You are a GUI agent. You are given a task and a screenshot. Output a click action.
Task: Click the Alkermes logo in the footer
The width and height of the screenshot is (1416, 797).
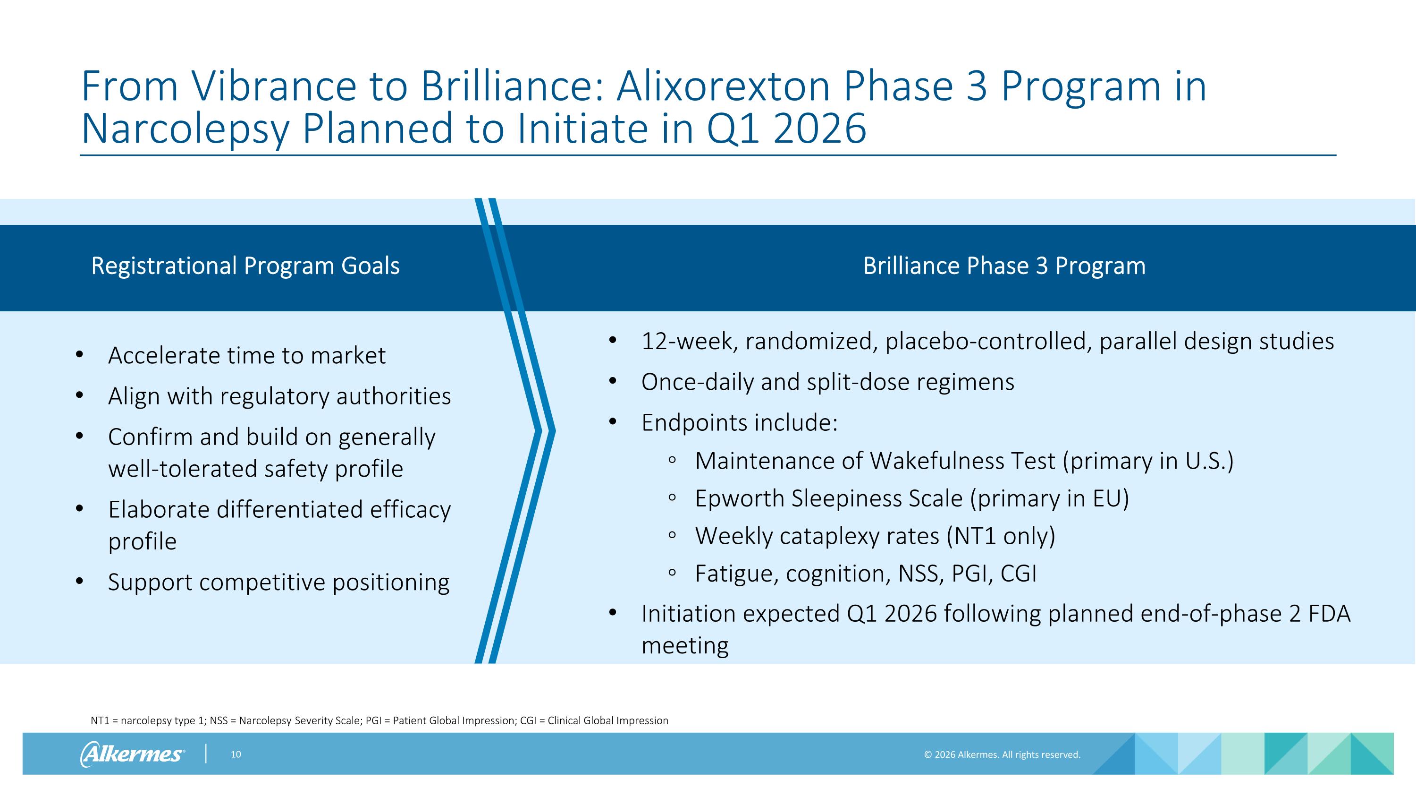tap(132, 754)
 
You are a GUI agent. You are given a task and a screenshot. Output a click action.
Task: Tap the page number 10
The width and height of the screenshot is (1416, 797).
tap(236, 754)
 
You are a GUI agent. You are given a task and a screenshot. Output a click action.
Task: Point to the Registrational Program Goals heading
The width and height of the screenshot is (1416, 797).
tap(245, 266)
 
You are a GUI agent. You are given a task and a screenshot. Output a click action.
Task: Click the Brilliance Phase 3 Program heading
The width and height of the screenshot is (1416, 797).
tap(1004, 266)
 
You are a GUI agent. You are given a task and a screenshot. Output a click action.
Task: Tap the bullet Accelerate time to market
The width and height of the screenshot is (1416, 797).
tap(246, 356)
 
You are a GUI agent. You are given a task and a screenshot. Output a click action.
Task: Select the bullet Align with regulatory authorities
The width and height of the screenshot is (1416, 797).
tap(279, 396)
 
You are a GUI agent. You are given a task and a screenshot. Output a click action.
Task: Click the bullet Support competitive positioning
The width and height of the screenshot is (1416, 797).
tap(278, 583)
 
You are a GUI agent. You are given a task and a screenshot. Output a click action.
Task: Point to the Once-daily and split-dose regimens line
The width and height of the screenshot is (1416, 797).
tap(827, 382)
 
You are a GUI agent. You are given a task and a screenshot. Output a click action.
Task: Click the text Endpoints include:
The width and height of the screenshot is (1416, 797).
tap(739, 423)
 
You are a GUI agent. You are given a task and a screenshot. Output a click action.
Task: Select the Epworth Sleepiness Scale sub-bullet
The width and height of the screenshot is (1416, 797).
tap(911, 499)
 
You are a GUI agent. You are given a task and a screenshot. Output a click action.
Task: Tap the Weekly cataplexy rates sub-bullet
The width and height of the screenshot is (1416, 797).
tap(875, 536)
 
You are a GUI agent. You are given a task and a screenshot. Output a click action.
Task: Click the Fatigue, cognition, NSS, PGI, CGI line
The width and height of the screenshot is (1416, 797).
tap(865, 574)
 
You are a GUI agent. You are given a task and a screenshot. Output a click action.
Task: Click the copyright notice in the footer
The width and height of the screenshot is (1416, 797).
tap(1002, 754)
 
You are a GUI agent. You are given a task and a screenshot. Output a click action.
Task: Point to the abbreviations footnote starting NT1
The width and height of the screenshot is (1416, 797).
tap(379, 720)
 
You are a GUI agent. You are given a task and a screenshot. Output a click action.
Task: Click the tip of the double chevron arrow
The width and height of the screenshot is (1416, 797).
tap(553, 431)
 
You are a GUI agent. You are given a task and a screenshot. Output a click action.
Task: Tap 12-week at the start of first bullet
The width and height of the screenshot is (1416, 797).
tap(689, 342)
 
